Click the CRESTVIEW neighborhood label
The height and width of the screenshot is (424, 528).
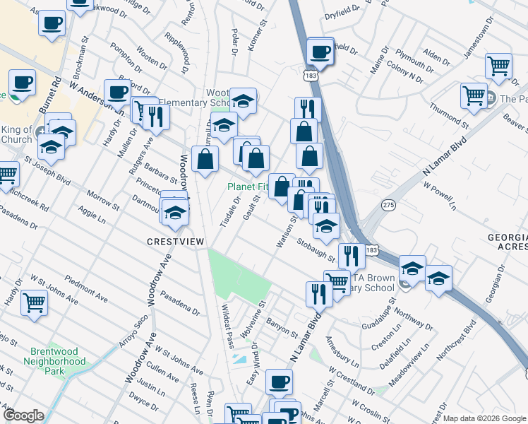pos(175,241)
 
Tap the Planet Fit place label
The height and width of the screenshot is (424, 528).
pos(246,187)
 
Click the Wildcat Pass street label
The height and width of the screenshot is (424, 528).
pos(228,326)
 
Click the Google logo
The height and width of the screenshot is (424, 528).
pos(23,416)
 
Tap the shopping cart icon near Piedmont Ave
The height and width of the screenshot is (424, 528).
pos(34,303)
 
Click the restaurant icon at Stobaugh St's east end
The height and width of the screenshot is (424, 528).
pos(351,255)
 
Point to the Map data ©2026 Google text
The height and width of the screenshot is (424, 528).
pos(485,418)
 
